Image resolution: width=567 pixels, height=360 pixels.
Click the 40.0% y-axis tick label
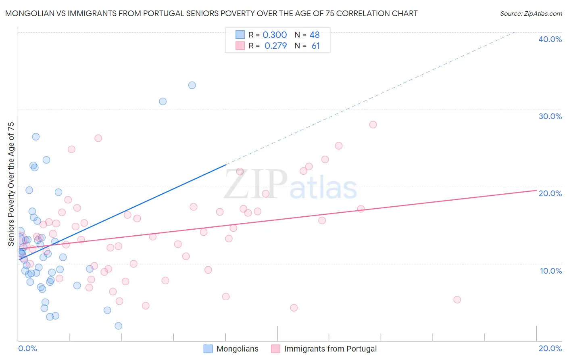[x=550, y=39]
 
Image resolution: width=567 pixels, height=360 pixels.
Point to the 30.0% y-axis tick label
[x=550, y=116]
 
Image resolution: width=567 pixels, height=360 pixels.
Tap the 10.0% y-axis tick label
[x=551, y=271]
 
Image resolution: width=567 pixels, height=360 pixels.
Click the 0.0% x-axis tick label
[x=27, y=348]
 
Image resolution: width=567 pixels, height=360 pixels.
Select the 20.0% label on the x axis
[x=550, y=348]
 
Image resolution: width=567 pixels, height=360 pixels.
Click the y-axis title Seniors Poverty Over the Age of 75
[x=11, y=184]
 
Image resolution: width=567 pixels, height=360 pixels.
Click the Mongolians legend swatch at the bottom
[x=208, y=349]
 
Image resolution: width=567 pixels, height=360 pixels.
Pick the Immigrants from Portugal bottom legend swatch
[x=276, y=349]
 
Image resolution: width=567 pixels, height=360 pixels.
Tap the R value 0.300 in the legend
[x=275, y=35]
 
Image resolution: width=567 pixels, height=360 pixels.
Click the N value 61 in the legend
[x=315, y=46]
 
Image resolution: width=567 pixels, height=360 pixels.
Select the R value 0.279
[x=275, y=46]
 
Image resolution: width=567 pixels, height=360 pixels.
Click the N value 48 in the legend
[x=315, y=35]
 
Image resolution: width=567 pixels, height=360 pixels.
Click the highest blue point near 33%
[x=192, y=85]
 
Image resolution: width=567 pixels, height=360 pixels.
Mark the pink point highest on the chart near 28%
[x=373, y=125]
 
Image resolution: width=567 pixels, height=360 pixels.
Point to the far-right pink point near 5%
[x=457, y=299]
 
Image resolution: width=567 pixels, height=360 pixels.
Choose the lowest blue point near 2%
[x=118, y=326]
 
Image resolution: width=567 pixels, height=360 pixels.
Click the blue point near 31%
[x=163, y=101]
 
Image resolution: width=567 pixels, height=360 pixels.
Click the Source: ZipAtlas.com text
[x=531, y=14]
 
